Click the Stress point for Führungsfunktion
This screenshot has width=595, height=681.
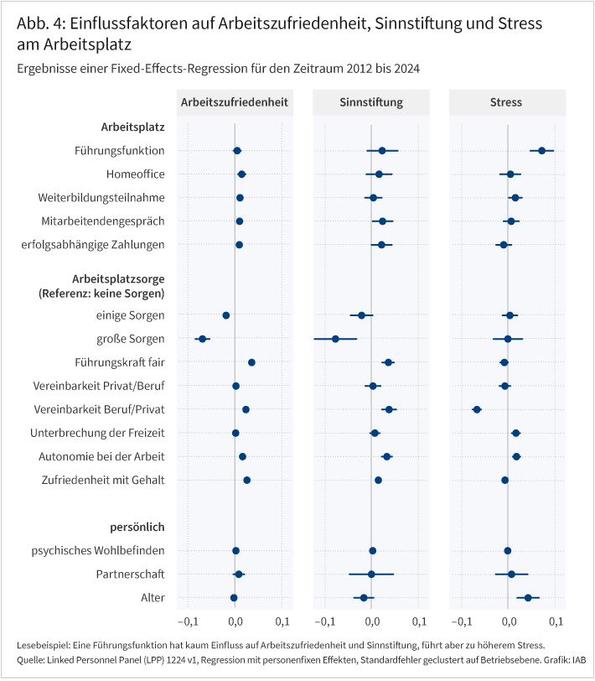[542, 151]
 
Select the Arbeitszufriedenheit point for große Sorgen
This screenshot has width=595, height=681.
[202, 339]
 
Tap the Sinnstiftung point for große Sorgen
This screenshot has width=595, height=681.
[335, 339]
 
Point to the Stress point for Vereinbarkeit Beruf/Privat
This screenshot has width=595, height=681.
[477, 409]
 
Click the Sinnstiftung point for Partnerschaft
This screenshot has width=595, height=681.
[371, 574]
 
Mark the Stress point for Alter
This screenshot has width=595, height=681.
[528, 598]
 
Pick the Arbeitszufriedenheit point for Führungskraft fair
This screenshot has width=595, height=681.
[251, 362]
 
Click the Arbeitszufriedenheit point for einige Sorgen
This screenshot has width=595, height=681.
[226, 315]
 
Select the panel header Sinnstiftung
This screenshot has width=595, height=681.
[371, 102]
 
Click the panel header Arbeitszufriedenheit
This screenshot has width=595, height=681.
[235, 102]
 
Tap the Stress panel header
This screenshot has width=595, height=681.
[506, 102]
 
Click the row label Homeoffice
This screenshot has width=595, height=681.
[135, 174]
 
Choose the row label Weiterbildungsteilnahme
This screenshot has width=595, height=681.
[113, 198]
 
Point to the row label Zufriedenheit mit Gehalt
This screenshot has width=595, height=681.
[102, 480]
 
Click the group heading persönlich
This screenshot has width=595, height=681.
[137, 527]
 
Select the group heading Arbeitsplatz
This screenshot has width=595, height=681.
[132, 127]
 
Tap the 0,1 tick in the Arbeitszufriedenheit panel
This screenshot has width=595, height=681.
[282, 621]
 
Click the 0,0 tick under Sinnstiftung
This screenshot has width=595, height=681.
[371, 621]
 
